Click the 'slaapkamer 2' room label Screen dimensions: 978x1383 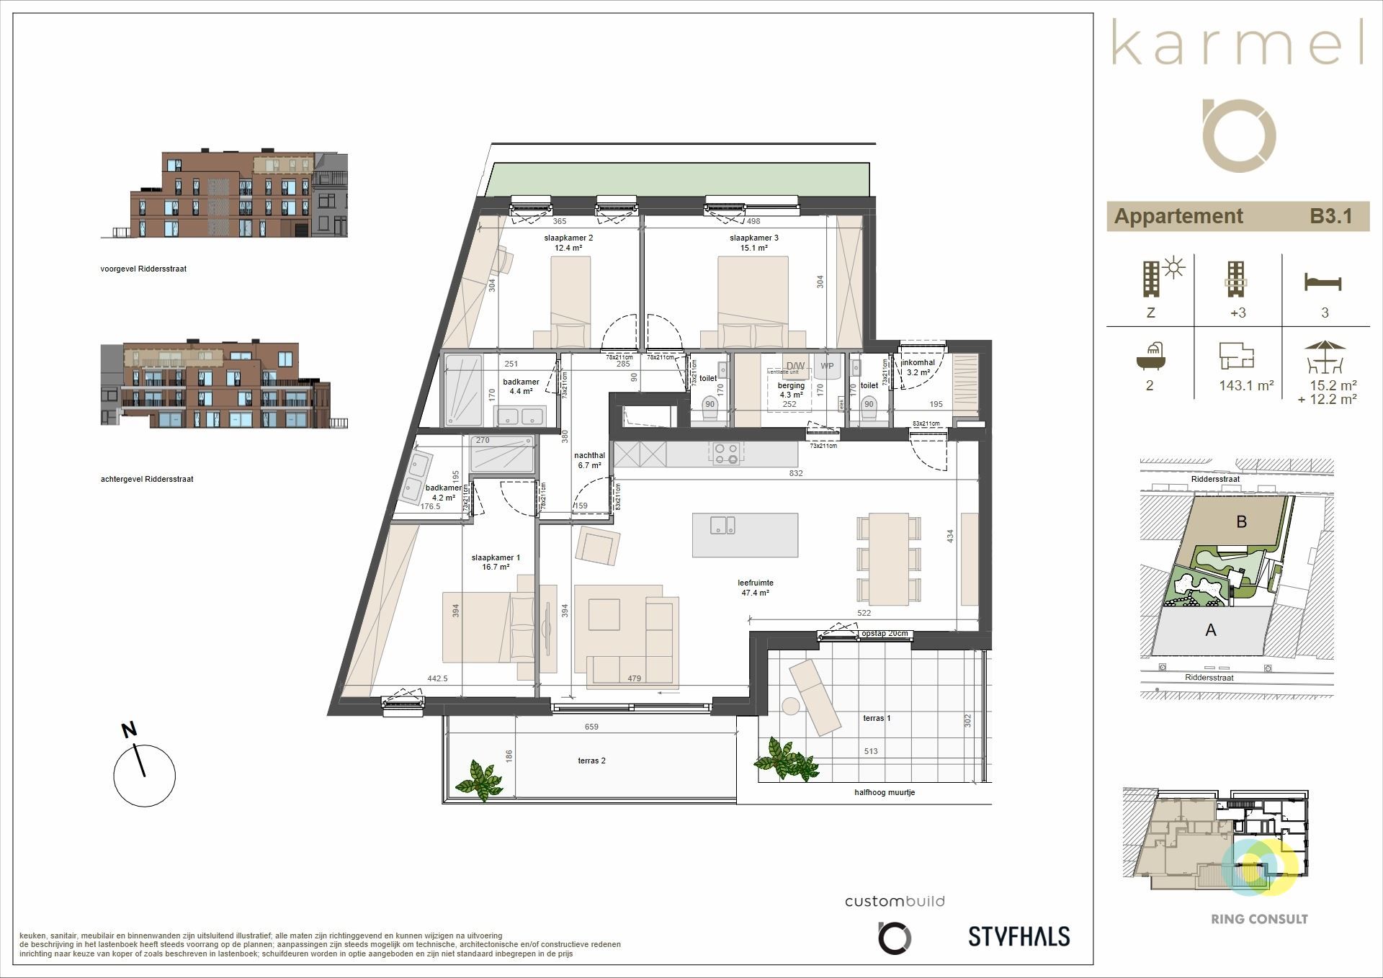pos(568,238)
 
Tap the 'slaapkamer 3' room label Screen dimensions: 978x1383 pos(753,238)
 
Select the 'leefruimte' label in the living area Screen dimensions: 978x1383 pos(755,583)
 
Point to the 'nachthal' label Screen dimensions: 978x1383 pos(589,455)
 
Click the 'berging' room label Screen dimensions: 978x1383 pos(790,385)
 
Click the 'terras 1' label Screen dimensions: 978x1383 pos(877,718)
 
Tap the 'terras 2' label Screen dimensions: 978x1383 pos(591,761)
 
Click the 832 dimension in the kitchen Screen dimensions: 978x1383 pos(795,473)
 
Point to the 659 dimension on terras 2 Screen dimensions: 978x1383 pos(591,727)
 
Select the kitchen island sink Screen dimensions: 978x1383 pos(722,525)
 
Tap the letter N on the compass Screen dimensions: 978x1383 pos(129,730)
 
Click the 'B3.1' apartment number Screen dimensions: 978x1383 pos(1330,216)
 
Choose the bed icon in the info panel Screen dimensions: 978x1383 pos(1323,282)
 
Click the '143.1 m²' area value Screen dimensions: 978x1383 pos(1246,385)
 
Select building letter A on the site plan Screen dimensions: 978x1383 pos(1211,630)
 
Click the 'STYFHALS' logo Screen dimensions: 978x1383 pos(1019,936)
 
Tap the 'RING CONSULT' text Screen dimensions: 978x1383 pos(1259,919)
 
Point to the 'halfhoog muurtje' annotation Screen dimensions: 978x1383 pos(885,792)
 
